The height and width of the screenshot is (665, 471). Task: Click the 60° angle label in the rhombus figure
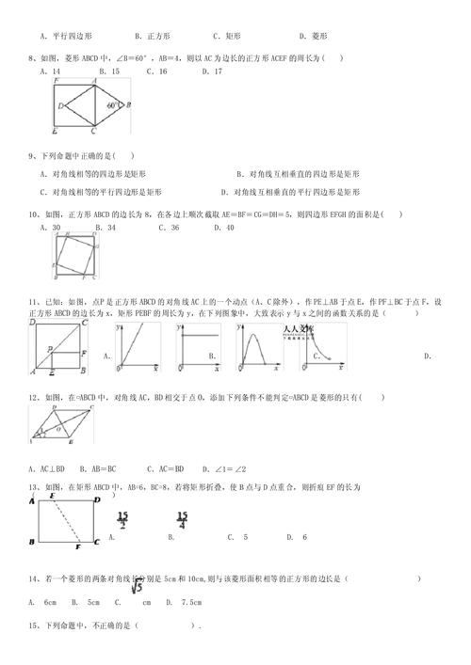tap(114, 106)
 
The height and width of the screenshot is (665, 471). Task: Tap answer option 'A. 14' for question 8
tap(52, 71)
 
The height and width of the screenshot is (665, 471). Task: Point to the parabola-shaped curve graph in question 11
tap(259, 346)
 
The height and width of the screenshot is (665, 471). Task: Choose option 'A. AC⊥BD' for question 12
tap(53, 467)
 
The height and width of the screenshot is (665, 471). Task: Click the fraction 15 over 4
tap(181, 520)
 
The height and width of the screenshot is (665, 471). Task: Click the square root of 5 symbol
tap(136, 586)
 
